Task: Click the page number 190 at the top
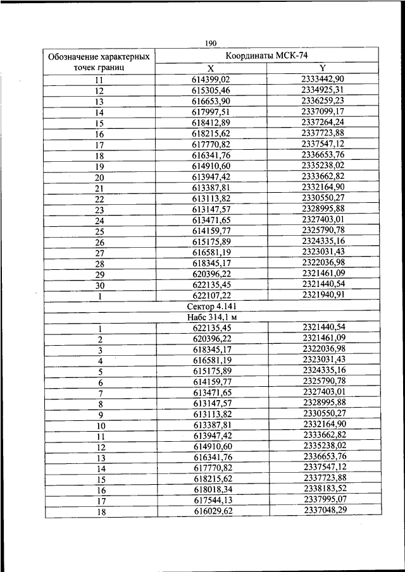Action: (211, 43)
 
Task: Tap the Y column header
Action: (323, 67)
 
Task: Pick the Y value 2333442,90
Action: (323, 78)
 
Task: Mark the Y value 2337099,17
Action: (323, 110)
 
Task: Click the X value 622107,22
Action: (211, 295)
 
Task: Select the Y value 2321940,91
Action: (323, 294)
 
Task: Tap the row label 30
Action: (99, 284)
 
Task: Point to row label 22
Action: (99, 198)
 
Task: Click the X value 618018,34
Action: (212, 489)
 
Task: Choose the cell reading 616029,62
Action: (212, 510)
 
